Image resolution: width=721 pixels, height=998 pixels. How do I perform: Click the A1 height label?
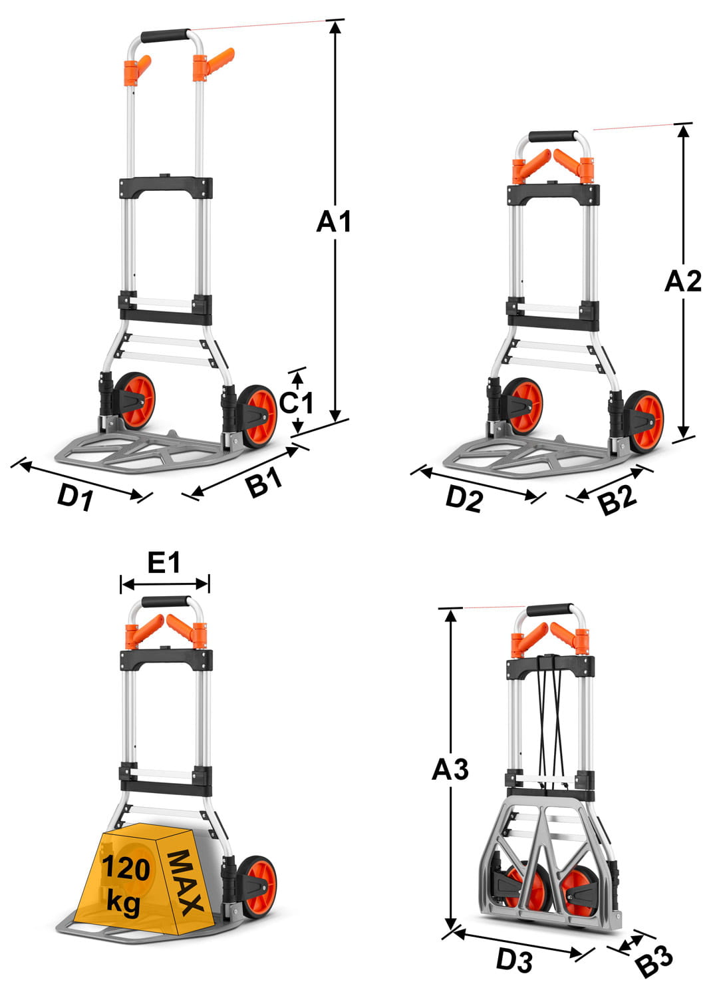(x=333, y=222)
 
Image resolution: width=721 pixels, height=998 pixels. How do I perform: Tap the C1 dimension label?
(x=297, y=403)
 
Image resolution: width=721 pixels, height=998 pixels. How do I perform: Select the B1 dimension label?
(x=265, y=482)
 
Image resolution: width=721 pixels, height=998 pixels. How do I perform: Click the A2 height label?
(x=682, y=281)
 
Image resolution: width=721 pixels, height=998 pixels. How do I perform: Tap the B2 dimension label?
(x=617, y=500)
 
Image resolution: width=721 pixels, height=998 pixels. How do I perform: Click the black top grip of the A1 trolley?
(x=165, y=36)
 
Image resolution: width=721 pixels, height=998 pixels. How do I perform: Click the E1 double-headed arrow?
(x=165, y=583)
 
